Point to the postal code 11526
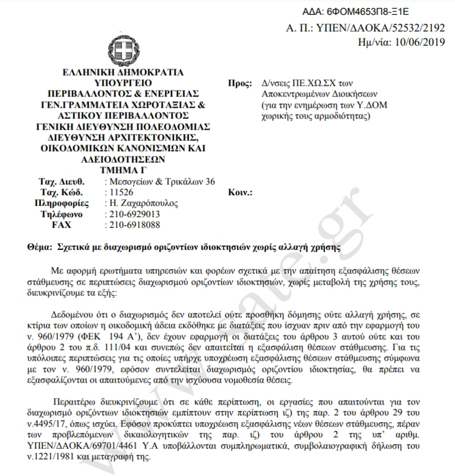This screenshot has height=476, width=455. click(117, 192)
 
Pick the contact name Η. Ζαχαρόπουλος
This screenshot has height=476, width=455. click(140, 203)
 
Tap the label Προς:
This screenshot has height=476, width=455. click(239, 84)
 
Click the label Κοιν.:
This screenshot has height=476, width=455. click(241, 192)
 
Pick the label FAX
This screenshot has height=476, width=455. click(61, 225)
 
